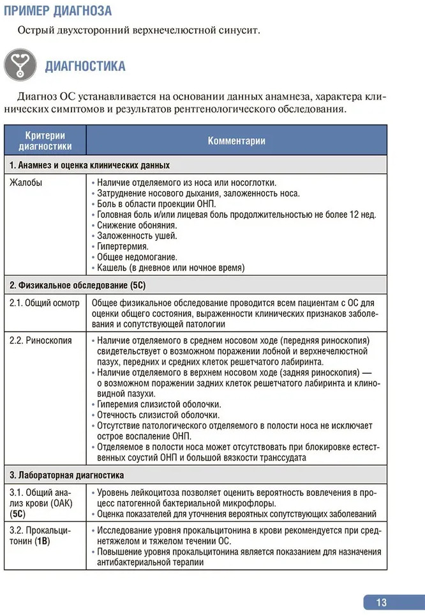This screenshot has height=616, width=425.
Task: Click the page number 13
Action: click(x=382, y=602)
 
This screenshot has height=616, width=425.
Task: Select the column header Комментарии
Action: click(x=236, y=141)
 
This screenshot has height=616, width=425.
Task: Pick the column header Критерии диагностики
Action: click(x=45, y=141)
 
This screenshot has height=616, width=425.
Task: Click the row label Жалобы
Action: click(x=26, y=182)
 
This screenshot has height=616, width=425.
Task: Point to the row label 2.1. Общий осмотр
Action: click(x=45, y=303)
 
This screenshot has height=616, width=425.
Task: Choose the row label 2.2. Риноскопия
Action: click(x=41, y=340)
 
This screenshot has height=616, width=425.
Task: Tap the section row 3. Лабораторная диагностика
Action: click(x=66, y=475)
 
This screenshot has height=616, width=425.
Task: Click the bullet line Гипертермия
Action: click(x=123, y=246)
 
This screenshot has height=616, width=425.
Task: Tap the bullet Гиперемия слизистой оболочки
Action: click(x=159, y=404)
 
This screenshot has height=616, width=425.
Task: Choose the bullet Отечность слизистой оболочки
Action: click(x=157, y=415)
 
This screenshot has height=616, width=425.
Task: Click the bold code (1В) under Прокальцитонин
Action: click(x=42, y=541)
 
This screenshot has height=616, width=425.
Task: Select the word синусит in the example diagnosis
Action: click(x=237, y=30)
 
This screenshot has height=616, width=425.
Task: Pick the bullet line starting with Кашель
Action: click(x=171, y=268)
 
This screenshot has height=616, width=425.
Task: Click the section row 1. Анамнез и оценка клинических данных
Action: click(x=89, y=165)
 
